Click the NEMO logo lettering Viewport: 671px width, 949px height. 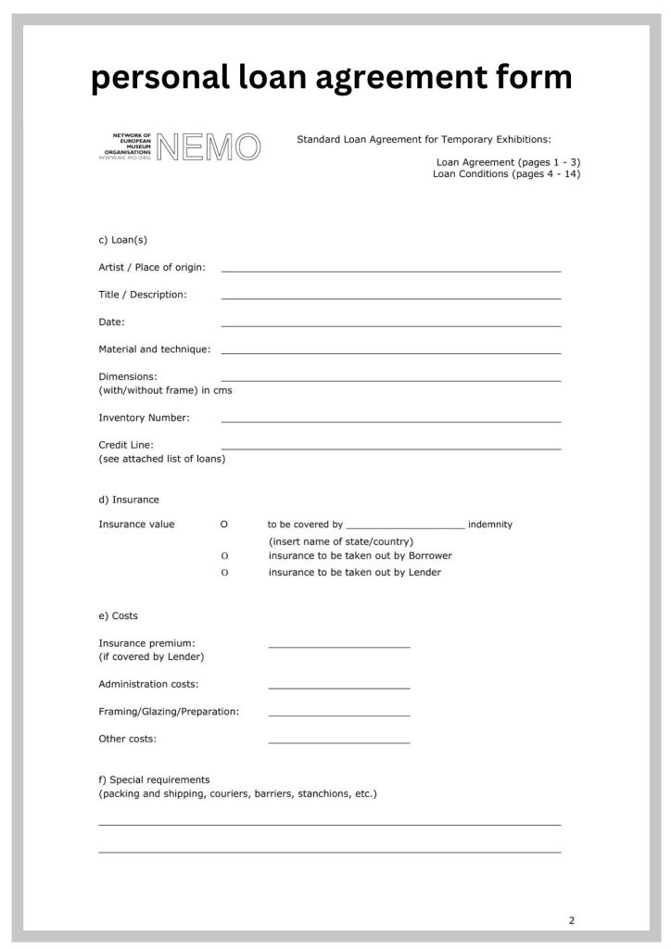(x=209, y=146)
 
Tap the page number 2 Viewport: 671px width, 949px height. (x=572, y=920)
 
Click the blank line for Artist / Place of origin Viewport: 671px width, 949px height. (x=390, y=270)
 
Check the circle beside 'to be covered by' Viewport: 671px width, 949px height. (x=224, y=525)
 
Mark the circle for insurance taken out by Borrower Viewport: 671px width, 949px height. (x=224, y=556)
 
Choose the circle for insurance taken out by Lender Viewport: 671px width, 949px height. (x=224, y=573)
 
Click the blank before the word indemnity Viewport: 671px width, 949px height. (x=405, y=526)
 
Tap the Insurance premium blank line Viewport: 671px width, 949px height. (x=338, y=645)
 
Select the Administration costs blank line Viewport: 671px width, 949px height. (x=338, y=687)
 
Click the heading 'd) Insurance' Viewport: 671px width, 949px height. (x=129, y=500)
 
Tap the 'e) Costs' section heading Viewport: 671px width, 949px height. (x=118, y=615)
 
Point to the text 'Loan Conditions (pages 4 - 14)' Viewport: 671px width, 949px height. (x=506, y=174)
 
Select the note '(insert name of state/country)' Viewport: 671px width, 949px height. (x=341, y=541)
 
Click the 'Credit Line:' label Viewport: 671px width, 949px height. (x=126, y=445)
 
